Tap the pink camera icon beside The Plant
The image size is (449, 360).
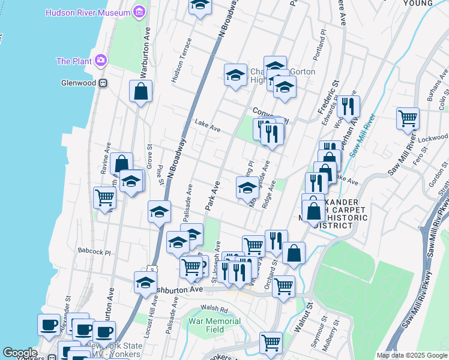click(x=100, y=61)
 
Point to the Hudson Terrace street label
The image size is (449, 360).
click(x=182, y=60)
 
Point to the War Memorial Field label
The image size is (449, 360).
click(x=214, y=325)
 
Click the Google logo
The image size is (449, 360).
click(x=20, y=353)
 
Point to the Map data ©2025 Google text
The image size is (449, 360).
click(x=412, y=355)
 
